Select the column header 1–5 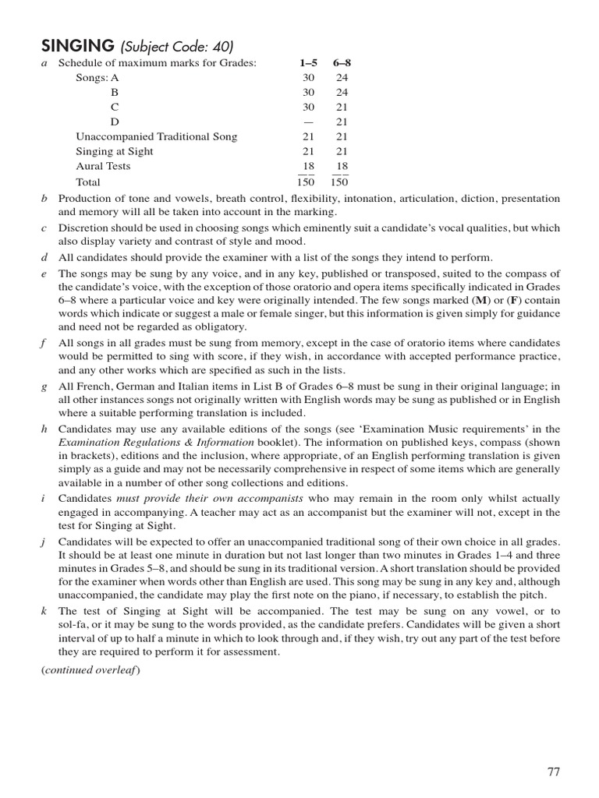pos(307,63)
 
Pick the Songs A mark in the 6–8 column pos(342,78)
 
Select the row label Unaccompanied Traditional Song pos(156,136)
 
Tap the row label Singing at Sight pos(114,151)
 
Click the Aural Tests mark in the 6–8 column pos(342,166)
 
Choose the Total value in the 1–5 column pos(306,182)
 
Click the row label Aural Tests pos(103,166)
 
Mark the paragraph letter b pos(44,199)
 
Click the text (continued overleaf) pos(90,670)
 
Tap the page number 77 pos(553,772)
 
